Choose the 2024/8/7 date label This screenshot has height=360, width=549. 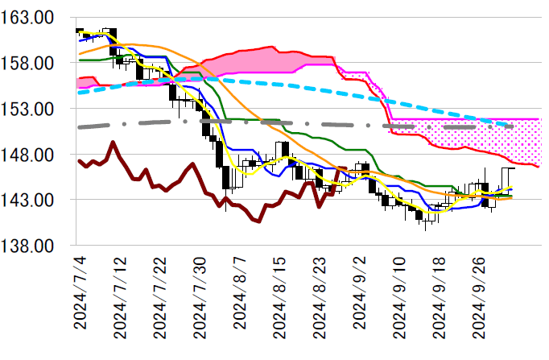240,299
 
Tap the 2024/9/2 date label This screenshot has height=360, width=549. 359,299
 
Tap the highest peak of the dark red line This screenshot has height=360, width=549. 113,143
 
